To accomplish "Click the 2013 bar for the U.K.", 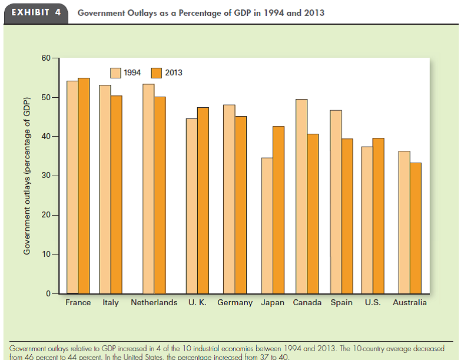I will (x=203, y=200).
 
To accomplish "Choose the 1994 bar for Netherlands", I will (x=148, y=189).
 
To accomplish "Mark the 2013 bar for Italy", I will (x=117, y=194).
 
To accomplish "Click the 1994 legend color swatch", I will (x=115, y=72).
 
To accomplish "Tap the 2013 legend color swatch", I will (x=157, y=72).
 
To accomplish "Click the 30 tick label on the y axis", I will (x=46, y=176).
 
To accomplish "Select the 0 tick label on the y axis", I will (x=48, y=293).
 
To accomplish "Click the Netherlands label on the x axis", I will (x=154, y=303).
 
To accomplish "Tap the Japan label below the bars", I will (x=273, y=303).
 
